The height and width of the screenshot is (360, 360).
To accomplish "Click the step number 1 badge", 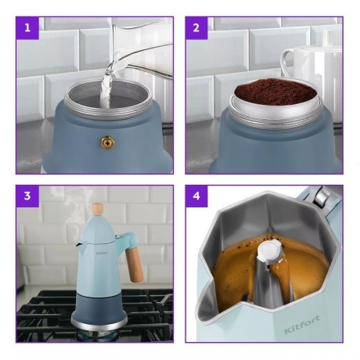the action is coord(27,28).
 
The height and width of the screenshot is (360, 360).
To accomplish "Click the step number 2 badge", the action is coord(196,28).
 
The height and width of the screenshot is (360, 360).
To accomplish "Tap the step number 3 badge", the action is coord(27,196).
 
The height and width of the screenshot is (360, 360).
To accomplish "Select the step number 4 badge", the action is coord(196,196).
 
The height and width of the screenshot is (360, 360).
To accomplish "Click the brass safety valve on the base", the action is coord(108,142).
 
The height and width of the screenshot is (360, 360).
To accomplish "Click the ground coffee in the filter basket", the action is coord(276,91).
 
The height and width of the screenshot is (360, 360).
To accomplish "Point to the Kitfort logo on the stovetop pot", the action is coord(102,253).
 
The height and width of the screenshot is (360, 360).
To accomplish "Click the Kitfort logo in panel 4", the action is coord(302,324).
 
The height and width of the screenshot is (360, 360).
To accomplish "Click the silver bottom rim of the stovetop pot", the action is coord(99,324).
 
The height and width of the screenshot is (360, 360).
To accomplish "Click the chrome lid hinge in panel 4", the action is coord(322,196).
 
